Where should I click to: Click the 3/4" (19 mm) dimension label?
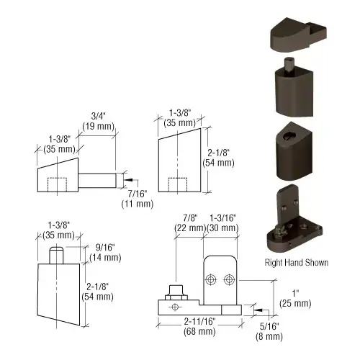click(x=99, y=121)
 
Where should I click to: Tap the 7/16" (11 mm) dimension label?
click(x=138, y=199)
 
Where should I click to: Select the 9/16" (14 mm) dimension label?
click(x=105, y=253)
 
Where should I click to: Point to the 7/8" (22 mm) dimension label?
click(x=190, y=222)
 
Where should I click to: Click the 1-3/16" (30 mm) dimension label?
click(x=222, y=222)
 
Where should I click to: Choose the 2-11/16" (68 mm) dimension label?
click(x=199, y=326)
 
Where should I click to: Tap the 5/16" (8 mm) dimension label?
click(x=269, y=331)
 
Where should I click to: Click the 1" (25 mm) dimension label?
click(x=295, y=298)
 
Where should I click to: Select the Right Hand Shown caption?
click(x=297, y=262)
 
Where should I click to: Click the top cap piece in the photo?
click(x=298, y=35)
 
